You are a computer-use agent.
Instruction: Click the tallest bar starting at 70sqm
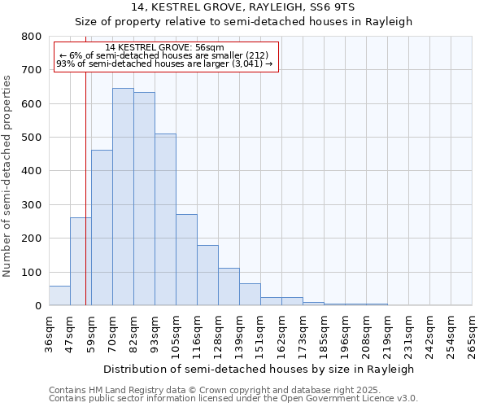(x=123, y=197)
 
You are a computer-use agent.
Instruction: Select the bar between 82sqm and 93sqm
(x=144, y=199)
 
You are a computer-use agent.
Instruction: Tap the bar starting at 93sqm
(x=165, y=220)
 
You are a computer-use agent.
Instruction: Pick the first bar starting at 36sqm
(x=59, y=295)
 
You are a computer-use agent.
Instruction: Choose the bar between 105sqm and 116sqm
(x=186, y=260)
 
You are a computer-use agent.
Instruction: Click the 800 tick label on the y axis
(x=31, y=37)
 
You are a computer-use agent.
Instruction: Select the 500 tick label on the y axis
(x=31, y=138)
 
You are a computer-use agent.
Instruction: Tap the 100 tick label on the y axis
(x=31, y=272)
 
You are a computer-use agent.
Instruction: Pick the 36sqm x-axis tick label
(x=49, y=333)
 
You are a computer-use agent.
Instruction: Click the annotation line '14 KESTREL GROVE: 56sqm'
(x=165, y=48)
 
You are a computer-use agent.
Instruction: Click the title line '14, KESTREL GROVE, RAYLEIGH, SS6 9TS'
(x=244, y=7)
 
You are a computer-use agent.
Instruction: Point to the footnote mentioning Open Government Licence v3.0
(x=233, y=399)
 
